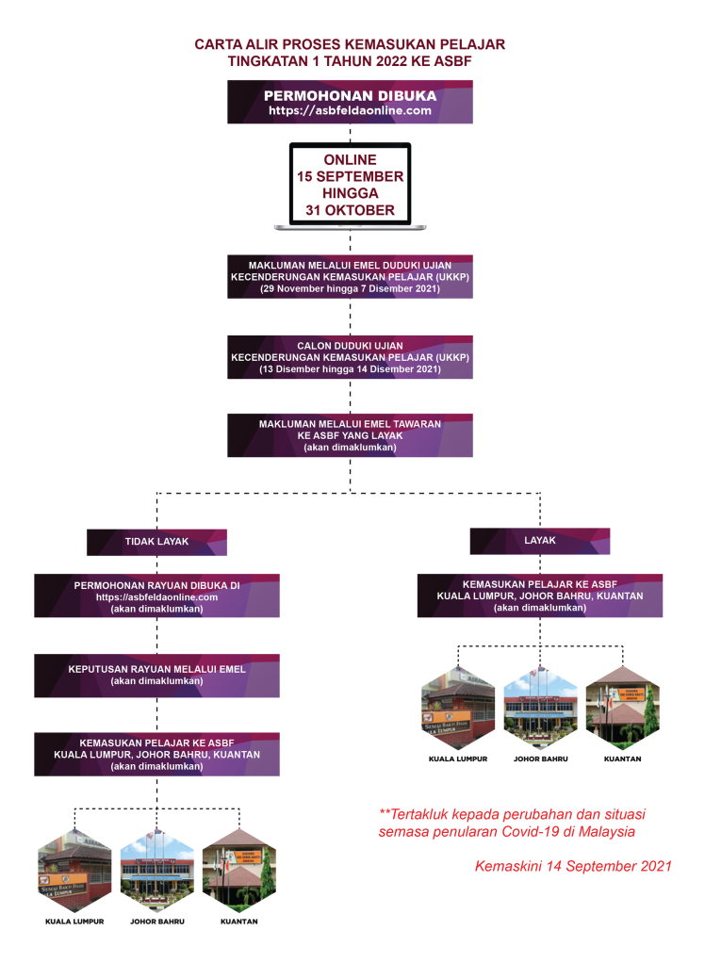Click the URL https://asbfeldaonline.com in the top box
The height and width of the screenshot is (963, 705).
pos(350,110)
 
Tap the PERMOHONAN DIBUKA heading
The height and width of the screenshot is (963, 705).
pos(350,95)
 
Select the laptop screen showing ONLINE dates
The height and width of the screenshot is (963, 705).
pos(350,185)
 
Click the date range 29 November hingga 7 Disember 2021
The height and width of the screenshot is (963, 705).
pos(350,288)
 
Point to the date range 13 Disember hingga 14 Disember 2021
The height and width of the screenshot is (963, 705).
pos(350,369)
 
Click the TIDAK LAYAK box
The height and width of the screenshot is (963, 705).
pos(156,542)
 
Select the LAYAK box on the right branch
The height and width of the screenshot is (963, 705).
pos(539,541)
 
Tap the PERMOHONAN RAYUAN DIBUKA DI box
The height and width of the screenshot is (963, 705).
pos(156,596)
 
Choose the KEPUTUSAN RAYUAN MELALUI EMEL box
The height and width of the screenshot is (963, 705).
pos(156,675)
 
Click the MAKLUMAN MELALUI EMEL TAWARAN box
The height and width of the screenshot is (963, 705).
pos(350,435)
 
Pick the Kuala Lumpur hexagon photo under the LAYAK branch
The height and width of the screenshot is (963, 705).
pos(458,707)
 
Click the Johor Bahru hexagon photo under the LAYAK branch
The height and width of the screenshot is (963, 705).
pos(540,707)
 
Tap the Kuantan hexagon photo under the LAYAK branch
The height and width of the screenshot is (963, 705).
pos(622,707)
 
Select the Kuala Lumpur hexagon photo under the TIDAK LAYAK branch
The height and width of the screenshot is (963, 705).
pos(74,869)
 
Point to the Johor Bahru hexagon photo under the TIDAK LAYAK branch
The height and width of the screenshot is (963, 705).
pos(156,869)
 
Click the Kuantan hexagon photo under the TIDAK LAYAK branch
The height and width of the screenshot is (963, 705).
pos(238,869)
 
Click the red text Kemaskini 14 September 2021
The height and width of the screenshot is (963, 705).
pos(572,865)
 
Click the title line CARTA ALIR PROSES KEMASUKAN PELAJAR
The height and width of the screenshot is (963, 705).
pos(350,44)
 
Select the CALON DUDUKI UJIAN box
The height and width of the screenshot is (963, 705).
pos(350,357)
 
